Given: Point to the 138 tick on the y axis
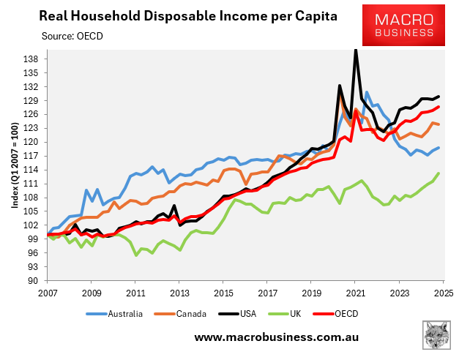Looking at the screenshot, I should pos(32,59).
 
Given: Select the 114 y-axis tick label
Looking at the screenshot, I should pos(32,170).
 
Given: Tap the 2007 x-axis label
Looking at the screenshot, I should pos(48,293).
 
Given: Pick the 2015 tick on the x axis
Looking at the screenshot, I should pos(223,293).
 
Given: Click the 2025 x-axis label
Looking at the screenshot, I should pos(443,293).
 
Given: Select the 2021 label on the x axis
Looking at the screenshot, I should pos(355,293).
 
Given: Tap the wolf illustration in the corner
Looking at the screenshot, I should pos(438,335).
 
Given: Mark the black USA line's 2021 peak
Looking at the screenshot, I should pos(355,50).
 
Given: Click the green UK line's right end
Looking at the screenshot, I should pos(439,173).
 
